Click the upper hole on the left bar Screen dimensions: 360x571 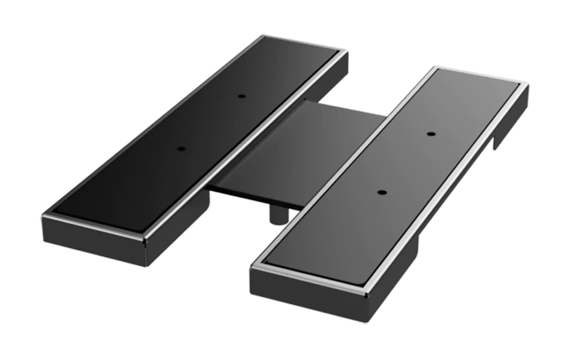(242, 95)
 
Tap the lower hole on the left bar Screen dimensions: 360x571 (182, 148)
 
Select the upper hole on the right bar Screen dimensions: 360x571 (432, 134)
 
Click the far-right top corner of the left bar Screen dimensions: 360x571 (348, 51)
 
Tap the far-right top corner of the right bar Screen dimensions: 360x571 (527, 85)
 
